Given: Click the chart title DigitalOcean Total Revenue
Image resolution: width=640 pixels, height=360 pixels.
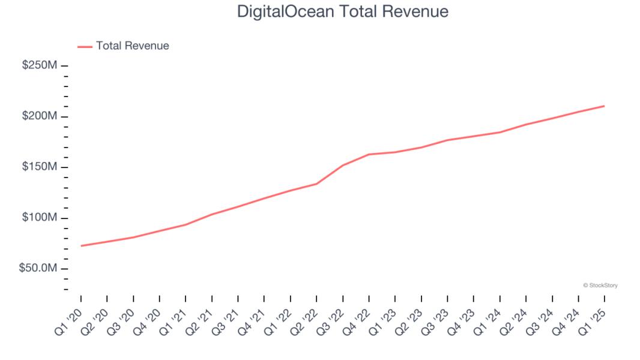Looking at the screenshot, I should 342,11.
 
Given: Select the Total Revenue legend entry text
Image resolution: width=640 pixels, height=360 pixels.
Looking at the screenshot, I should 132,46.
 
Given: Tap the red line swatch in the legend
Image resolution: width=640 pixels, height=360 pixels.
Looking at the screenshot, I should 85,46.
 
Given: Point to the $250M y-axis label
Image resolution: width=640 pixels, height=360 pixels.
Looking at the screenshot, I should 40,65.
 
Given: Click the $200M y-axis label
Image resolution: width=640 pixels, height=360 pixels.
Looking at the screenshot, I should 40,116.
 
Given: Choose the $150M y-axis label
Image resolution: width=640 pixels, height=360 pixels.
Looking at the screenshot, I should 40,167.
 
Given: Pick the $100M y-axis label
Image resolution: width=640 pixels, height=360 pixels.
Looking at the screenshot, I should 40,218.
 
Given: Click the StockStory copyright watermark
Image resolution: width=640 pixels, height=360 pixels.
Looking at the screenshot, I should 600,286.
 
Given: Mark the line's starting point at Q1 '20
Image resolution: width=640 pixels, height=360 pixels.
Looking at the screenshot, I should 81,245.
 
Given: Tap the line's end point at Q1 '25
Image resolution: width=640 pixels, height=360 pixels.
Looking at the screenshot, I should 604,106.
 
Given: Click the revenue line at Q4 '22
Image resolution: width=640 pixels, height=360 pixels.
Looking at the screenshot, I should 369,154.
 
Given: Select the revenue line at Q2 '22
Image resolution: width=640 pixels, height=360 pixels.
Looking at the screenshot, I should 316,184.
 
